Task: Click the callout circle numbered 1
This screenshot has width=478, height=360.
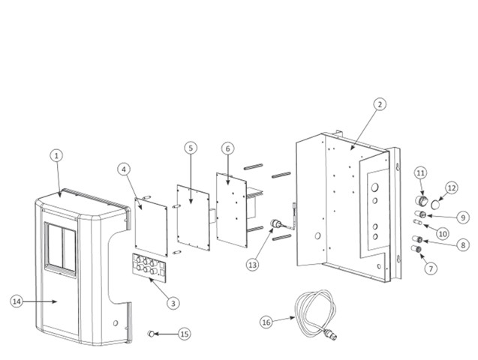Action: coord(56,156)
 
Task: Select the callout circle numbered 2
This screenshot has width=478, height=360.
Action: coord(380,104)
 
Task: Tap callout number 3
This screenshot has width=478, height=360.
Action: coord(173,303)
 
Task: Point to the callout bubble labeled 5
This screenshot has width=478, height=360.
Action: coord(191,148)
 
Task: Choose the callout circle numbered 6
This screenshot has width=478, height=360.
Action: coord(227,148)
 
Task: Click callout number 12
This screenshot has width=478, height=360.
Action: coord(452,188)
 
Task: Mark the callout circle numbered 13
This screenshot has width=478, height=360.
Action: coord(253,265)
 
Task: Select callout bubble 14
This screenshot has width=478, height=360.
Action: coord(17,301)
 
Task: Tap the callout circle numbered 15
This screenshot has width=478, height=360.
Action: coord(185,334)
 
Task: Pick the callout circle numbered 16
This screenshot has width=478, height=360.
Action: coord(266,322)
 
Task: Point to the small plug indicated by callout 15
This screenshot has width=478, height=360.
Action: coord(151,334)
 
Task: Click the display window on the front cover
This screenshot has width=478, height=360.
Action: coord(61,249)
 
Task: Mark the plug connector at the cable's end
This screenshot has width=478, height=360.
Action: coord(332,334)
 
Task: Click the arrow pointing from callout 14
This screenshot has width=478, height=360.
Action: coord(41,301)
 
